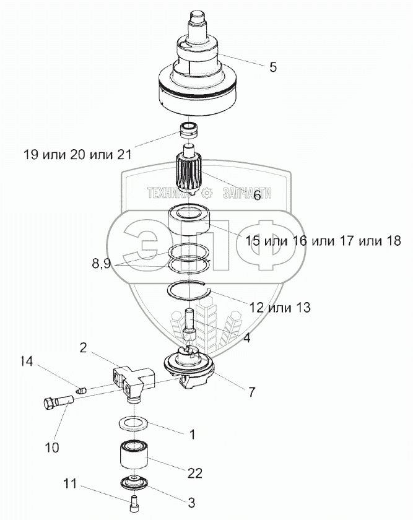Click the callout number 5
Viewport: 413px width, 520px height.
(273, 67)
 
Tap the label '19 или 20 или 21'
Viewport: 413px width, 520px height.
(77, 154)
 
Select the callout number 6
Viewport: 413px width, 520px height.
(256, 195)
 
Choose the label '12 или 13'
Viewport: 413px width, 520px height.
(279, 307)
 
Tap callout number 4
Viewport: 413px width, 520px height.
(246, 338)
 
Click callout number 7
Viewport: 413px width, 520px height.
(251, 391)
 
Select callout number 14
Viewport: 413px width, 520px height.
(27, 361)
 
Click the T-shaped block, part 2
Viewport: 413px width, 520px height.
(132, 379)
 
